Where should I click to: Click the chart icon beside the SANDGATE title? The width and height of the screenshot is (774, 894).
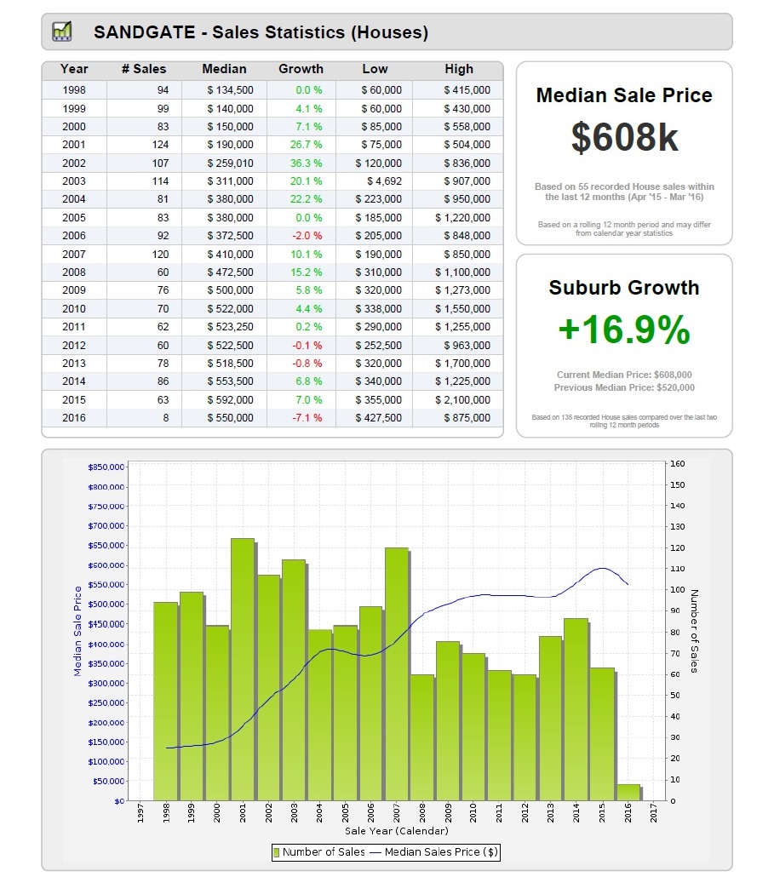(62, 32)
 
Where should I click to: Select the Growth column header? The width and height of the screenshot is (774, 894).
(301, 69)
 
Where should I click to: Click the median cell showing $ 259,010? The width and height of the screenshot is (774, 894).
(230, 163)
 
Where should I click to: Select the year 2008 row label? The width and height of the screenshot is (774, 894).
(73, 272)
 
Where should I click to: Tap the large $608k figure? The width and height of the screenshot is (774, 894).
(624, 137)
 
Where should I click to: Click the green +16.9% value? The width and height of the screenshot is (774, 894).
(624, 330)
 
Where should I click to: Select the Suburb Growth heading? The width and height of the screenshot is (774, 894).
(624, 288)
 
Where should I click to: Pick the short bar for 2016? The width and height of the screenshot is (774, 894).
(628, 793)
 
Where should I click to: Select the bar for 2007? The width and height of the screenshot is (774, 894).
(397, 673)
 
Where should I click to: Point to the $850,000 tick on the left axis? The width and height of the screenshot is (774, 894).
(106, 467)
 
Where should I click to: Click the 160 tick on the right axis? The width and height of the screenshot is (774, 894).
(678, 464)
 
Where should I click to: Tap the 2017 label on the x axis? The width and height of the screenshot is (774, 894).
(653, 813)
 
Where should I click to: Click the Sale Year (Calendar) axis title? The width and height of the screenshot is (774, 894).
(396, 831)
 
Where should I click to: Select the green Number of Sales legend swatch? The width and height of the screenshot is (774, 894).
(276, 852)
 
